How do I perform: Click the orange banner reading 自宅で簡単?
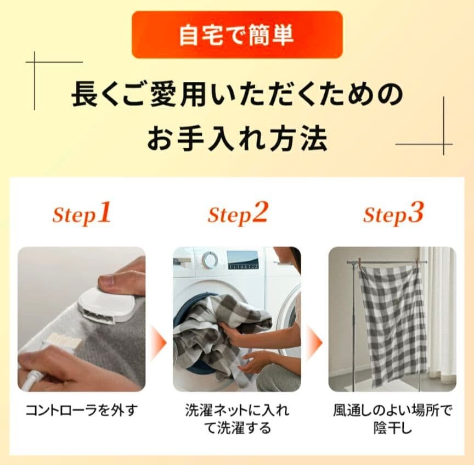[x=237, y=35]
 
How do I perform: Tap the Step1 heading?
[x=82, y=214]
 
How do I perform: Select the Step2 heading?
[x=238, y=214]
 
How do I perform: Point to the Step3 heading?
[x=393, y=214]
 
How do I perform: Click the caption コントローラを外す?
[x=82, y=410]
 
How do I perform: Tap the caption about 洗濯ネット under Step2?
[x=238, y=419]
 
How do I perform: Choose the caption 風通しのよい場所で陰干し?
[x=393, y=419]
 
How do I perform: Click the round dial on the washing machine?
[x=209, y=259]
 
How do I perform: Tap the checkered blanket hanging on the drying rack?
[x=393, y=324]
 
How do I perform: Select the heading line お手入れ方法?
[x=238, y=139]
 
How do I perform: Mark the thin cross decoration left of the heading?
[x=35, y=63]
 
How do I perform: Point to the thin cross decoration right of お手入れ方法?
[x=443, y=144]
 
